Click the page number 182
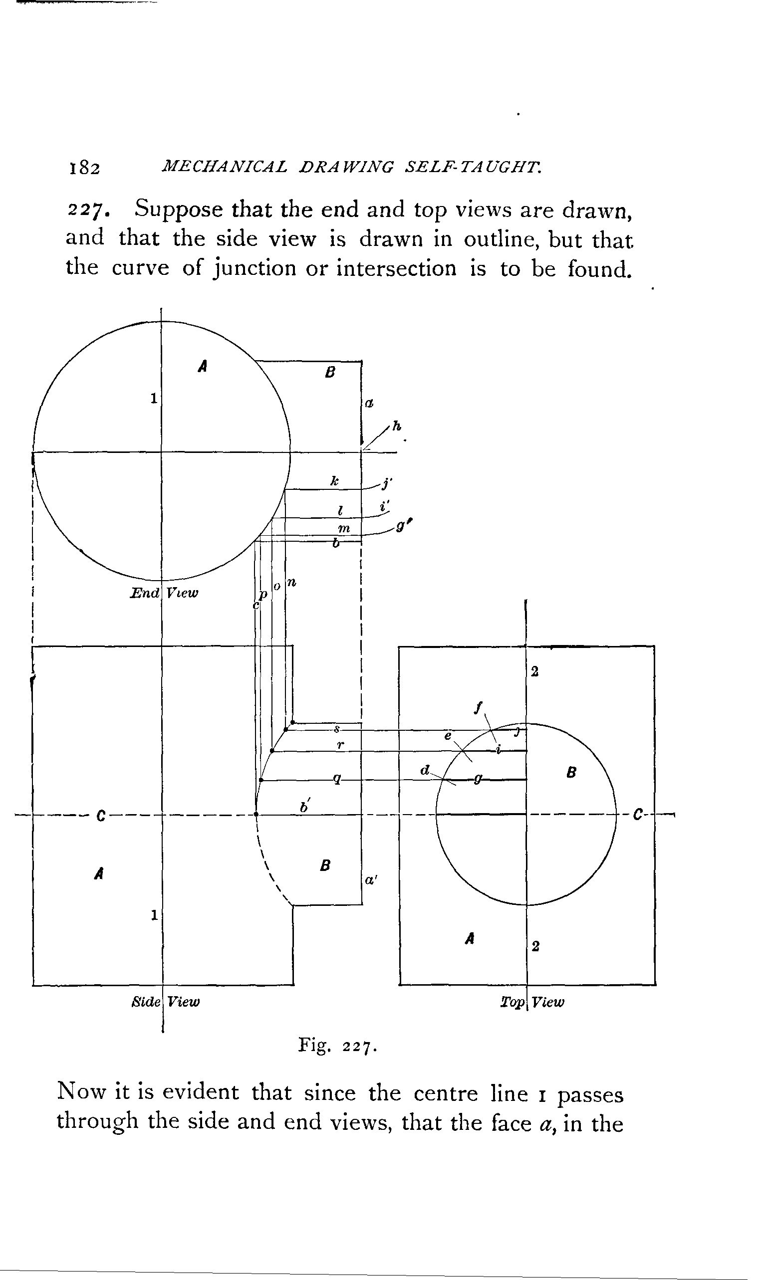pos(83,168)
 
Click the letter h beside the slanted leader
pos(396,426)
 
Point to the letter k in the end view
pos(335,481)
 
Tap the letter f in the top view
pos(478,708)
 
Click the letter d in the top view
pos(425,770)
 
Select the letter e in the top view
pos(448,736)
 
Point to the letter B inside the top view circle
pos(571,772)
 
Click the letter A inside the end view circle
pos(203,366)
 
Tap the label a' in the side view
pos(371,880)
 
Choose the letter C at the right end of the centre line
pos(638,815)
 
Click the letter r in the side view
pos(340,744)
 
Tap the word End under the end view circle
pos(145,593)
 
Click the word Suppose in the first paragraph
pos(178,210)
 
